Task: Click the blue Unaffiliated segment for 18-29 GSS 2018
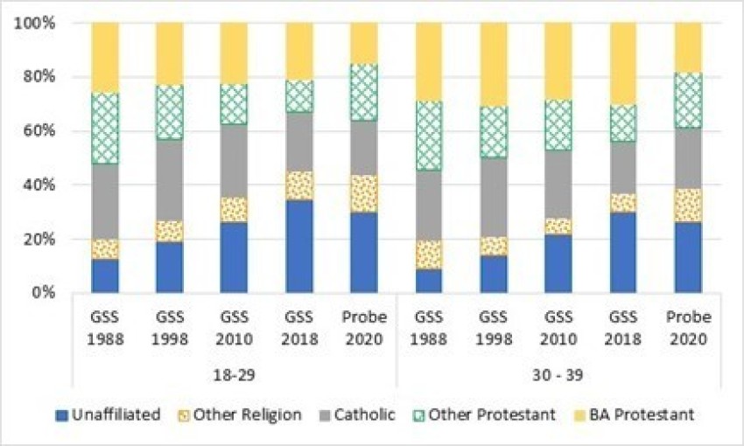coord(299,246)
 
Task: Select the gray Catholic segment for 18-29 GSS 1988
coord(105,201)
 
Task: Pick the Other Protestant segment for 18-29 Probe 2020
coord(364,92)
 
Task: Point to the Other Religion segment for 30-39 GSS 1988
coord(429,254)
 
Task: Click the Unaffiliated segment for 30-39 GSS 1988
coord(429,281)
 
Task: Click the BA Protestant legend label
coord(647,414)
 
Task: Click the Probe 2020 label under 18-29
coord(364,326)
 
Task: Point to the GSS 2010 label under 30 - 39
coord(558,326)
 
